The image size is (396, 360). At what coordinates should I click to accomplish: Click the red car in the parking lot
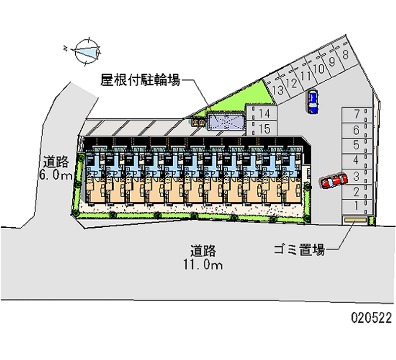tap(334, 181)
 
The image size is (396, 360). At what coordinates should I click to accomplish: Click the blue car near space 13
tap(312, 102)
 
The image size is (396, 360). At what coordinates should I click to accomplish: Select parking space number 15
tap(261, 129)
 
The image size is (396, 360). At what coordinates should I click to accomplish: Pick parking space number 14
tap(261, 113)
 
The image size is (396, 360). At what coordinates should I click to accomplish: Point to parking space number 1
tap(356, 206)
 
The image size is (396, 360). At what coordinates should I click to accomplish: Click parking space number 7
tap(356, 115)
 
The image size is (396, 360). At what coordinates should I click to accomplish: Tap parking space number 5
tap(356, 146)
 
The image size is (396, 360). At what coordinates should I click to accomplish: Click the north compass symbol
tap(86, 52)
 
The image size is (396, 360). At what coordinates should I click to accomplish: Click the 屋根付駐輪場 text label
tap(141, 80)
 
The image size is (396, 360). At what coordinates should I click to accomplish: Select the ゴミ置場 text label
tap(299, 250)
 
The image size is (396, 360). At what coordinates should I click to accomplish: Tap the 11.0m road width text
tap(203, 264)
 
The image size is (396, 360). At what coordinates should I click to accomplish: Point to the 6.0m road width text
tap(56, 175)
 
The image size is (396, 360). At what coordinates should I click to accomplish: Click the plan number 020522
tap(371, 317)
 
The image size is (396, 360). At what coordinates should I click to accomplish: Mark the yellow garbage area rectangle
tap(355, 220)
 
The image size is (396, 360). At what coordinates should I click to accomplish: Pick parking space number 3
tap(356, 177)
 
